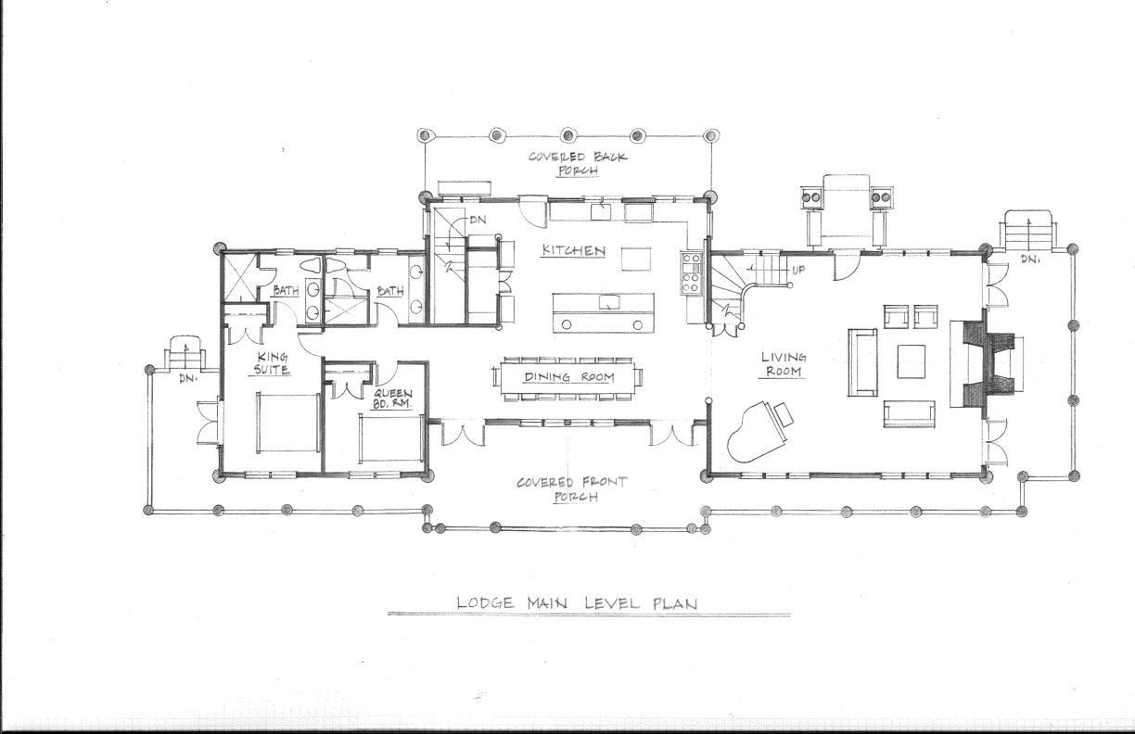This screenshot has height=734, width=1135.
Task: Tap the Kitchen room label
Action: tap(574, 251)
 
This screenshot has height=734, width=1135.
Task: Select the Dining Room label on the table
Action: tap(569, 377)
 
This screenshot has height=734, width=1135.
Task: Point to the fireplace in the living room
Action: tap(985, 363)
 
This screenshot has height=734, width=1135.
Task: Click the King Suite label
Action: tap(272, 363)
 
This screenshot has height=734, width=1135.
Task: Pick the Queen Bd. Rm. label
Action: tap(392, 399)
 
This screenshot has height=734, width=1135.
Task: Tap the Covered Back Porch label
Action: tap(578, 163)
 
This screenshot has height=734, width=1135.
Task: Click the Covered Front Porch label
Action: tap(572, 488)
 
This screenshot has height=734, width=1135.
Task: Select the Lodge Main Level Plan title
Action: tap(577, 603)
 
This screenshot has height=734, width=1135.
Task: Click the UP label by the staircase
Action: tap(798, 270)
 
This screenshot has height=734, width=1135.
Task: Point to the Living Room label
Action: tap(784, 364)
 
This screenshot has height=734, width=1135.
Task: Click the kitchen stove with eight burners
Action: tap(691, 273)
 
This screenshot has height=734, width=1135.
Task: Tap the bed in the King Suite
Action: tap(287, 422)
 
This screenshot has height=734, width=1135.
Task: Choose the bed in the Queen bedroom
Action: tap(391, 438)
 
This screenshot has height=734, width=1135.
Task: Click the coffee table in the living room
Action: tap(911, 361)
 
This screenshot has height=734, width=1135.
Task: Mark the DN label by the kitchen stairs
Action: tap(478, 220)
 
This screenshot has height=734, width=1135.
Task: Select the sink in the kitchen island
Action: tap(609, 302)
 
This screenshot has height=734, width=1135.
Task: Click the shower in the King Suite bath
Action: tap(241, 278)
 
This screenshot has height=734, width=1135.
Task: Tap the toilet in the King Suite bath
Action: tap(309, 265)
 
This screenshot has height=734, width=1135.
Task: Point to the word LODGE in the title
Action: tap(485, 603)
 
